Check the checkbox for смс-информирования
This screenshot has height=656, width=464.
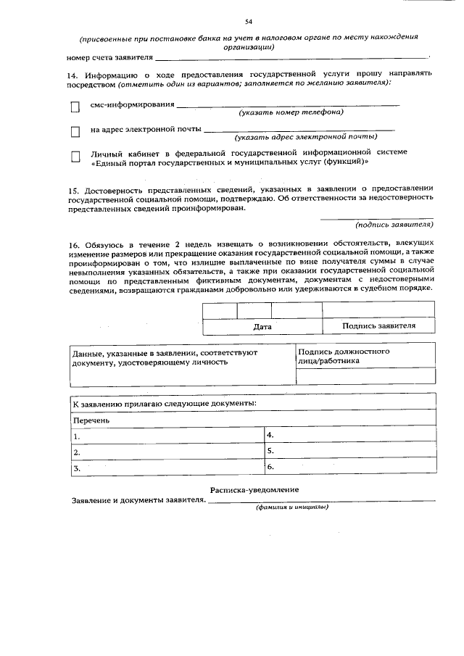pyautogui.click(x=75, y=107)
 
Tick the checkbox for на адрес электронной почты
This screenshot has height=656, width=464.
pyautogui.click(x=75, y=132)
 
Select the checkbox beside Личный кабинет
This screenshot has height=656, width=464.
pyautogui.click(x=75, y=156)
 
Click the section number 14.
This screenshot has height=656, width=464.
pyautogui.click(x=71, y=73)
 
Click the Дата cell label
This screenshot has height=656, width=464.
pyautogui.click(x=262, y=326)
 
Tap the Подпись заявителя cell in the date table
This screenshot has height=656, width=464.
pyautogui.click(x=378, y=325)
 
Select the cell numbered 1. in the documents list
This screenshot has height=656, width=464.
pyautogui.click(x=167, y=436)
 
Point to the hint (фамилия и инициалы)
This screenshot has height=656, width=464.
pyautogui.click(x=291, y=506)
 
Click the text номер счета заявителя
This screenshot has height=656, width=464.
pyautogui.click(x=109, y=57)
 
